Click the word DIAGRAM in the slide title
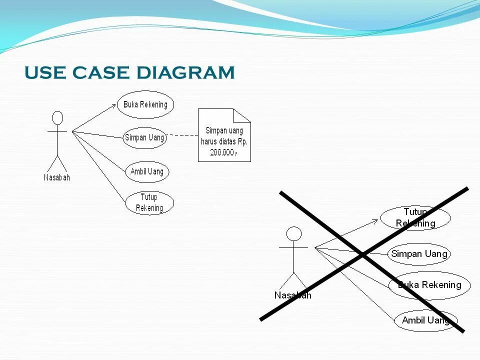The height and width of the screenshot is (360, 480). pyautogui.click(x=185, y=73)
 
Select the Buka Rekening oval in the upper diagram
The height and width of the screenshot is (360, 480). pyautogui.click(x=145, y=104)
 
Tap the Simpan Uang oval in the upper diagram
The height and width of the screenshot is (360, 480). pyautogui.click(x=144, y=138)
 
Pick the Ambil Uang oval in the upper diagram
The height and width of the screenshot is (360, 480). pyautogui.click(x=147, y=171)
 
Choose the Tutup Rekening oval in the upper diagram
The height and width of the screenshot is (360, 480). pyautogui.click(x=149, y=203)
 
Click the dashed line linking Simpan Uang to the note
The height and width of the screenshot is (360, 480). pyautogui.click(x=182, y=135)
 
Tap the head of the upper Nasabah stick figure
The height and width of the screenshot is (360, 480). pyautogui.click(x=58, y=118)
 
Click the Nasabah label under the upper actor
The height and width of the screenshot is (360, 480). pyautogui.click(x=57, y=177)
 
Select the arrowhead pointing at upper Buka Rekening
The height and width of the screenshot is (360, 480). pyautogui.click(x=113, y=106)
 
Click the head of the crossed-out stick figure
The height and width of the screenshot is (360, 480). pyautogui.click(x=294, y=233)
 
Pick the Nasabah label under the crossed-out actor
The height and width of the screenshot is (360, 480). pyautogui.click(x=292, y=295)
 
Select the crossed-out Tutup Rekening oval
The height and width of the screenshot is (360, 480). pyautogui.click(x=415, y=217)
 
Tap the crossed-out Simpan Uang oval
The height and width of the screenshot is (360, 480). pyautogui.click(x=419, y=254)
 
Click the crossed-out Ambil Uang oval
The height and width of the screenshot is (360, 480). pyautogui.click(x=426, y=320)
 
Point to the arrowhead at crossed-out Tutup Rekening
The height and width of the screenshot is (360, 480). pyautogui.click(x=375, y=220)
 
